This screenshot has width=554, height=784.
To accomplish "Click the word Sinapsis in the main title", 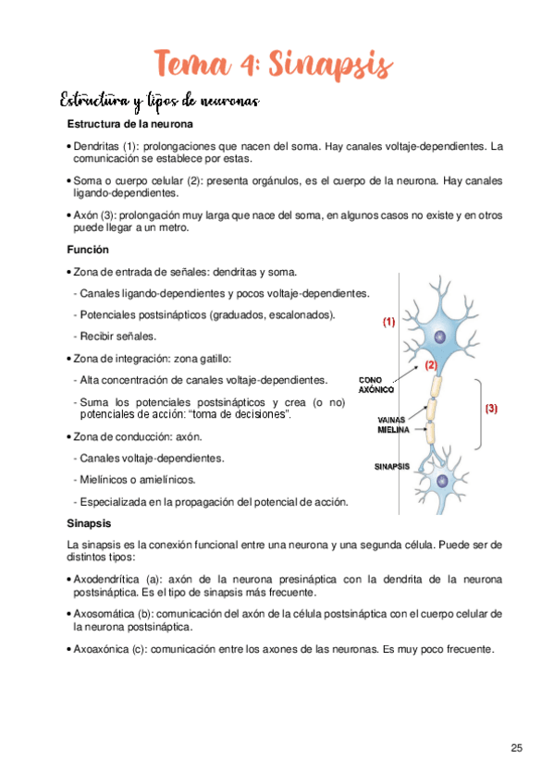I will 331,66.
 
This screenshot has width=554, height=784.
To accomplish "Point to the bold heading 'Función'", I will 88,250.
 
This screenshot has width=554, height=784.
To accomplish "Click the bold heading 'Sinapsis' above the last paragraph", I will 91,523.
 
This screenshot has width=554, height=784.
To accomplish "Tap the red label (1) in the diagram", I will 388,323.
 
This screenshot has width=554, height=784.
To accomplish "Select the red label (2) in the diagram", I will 431,365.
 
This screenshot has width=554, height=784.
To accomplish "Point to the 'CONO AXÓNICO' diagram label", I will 377,385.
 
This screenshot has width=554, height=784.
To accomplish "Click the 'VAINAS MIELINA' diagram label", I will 393,425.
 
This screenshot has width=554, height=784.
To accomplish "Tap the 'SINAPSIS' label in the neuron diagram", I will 391,467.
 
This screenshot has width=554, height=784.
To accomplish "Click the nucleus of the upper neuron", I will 439,337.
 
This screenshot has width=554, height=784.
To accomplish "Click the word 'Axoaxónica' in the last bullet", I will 101,649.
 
